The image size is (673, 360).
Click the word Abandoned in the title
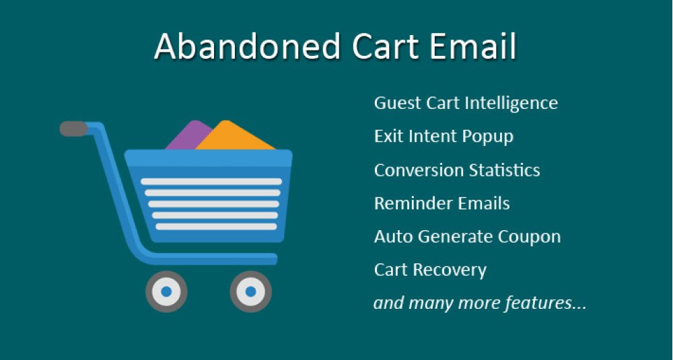tap(248, 46)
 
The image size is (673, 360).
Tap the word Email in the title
tap(472, 46)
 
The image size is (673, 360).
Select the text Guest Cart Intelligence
tap(466, 104)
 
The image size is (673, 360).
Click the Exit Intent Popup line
tap(444, 137)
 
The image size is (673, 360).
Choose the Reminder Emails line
tap(441, 203)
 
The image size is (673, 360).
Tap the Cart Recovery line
tap(430, 271)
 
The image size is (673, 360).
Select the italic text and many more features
tap(479, 303)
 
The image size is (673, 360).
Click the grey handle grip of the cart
tap(73, 129)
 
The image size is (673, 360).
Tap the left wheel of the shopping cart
tap(166, 291)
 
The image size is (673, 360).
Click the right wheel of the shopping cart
tap(250, 291)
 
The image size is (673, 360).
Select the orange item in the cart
tap(234, 137)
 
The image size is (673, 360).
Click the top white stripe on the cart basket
tap(211, 182)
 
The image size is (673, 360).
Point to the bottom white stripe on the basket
tap(216, 227)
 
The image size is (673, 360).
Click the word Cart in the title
tap(384, 46)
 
